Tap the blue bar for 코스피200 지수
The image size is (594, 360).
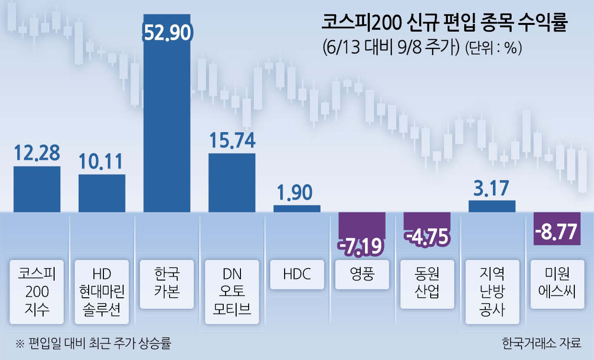37,189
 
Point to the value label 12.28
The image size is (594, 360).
37,153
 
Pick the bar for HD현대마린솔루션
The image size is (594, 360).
102,193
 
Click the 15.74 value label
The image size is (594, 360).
232,140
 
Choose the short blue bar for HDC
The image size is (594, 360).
297,209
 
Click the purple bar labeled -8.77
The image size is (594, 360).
557,228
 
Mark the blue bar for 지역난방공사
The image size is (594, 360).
492,206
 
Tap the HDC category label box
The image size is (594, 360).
297,274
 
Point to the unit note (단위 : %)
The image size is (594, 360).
493,49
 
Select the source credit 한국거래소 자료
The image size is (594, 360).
541,343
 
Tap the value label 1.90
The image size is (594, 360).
297,192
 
